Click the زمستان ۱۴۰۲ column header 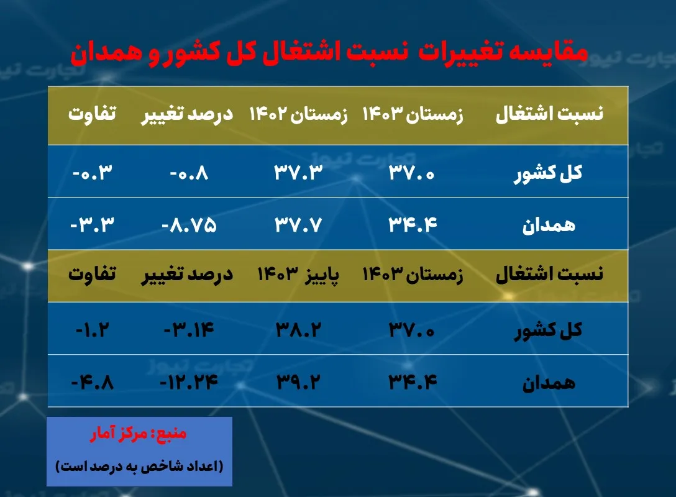point(298,115)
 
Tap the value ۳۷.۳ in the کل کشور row point(298,172)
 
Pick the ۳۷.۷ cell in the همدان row point(298,224)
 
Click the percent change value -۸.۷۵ point(189,224)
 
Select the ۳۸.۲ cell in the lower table point(298,329)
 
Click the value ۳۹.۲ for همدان point(298,381)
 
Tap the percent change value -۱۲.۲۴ point(189,381)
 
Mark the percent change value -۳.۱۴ point(189,329)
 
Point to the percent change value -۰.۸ point(189,172)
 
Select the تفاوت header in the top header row point(93,115)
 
